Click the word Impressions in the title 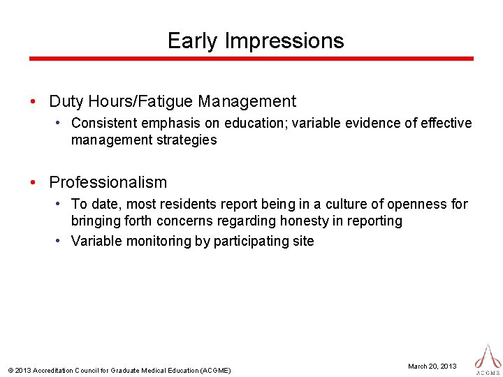click(x=284, y=41)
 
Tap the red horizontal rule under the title click(x=251, y=59)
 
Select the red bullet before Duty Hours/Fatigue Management click(x=34, y=102)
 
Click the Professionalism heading click(x=108, y=183)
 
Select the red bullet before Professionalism click(x=34, y=183)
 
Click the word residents click(x=186, y=205)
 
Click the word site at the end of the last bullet click(x=303, y=242)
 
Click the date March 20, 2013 click(x=432, y=366)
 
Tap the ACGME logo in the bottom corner click(x=488, y=359)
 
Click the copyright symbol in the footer click(x=10, y=370)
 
